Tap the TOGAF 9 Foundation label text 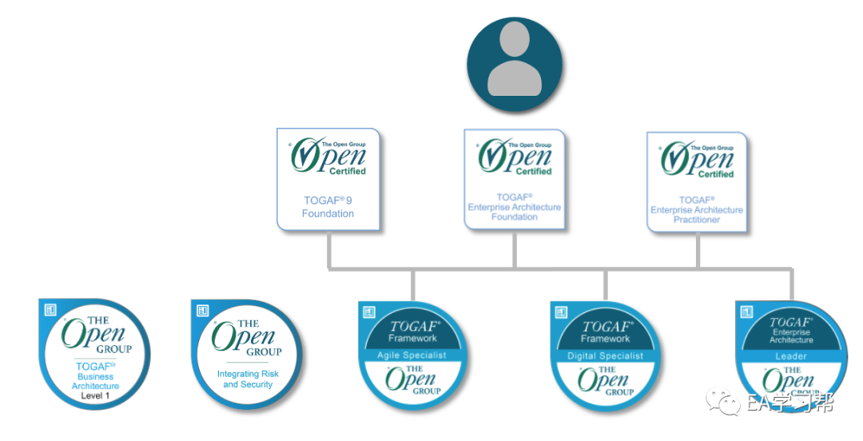pos(328,207)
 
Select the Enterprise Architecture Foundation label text pos(515,207)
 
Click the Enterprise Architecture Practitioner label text pos(696,210)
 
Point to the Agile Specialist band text pos(412,356)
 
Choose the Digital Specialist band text pos(605,356)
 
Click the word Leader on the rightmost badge pos(790,356)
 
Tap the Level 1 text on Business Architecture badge pos(95,396)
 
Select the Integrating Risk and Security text pos(248,379)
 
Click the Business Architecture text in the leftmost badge pos(95,381)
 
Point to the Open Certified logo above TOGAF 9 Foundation pos(328,157)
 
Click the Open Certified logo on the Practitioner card pos(698,159)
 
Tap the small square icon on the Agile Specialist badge pos(369,312)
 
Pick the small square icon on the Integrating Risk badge pos(203,311)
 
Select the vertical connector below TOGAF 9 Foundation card pos(328,250)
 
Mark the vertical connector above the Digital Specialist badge pos(605,285)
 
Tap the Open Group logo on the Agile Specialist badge pos(413,380)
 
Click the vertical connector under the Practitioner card pos(698,250)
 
